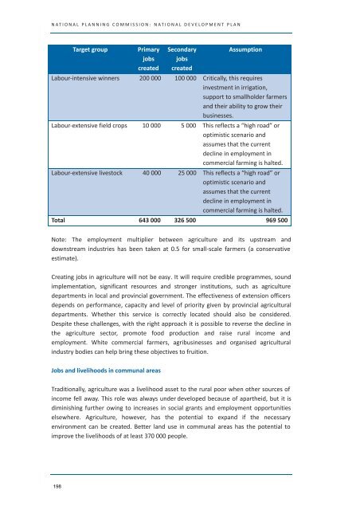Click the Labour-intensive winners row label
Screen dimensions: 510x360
pyautogui.click(x=92, y=80)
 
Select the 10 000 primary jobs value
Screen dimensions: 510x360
pyautogui.click(x=155, y=125)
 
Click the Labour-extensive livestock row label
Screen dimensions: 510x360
pyautogui.click(x=92, y=171)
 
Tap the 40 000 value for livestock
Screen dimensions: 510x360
pyautogui.click(x=155, y=171)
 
